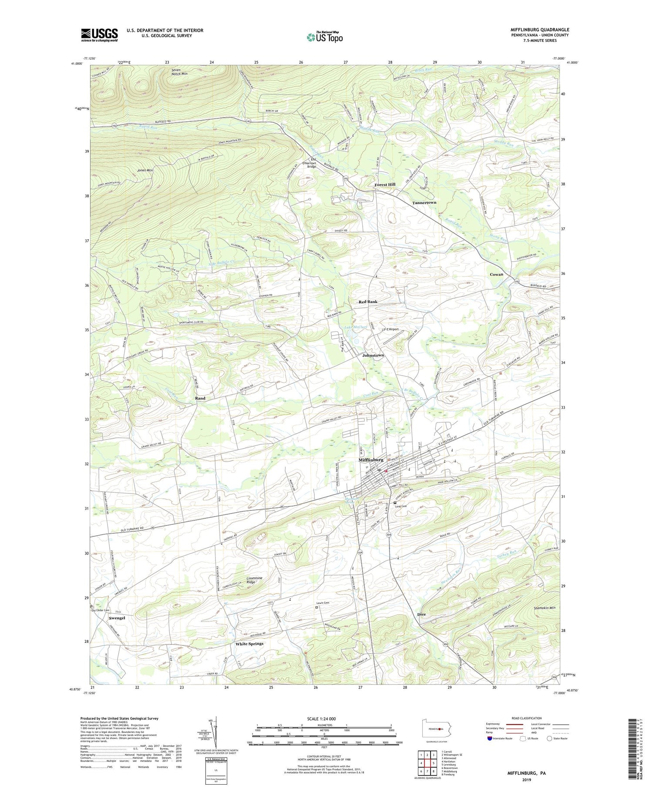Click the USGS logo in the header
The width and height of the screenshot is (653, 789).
click(99, 34)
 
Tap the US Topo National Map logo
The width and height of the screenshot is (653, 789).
click(324, 37)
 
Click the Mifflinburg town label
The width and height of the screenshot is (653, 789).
click(370, 460)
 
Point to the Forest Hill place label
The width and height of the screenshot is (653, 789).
click(385, 185)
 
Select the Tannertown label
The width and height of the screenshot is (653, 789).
click(424, 203)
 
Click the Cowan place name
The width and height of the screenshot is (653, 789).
click(496, 274)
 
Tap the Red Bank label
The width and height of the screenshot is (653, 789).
click(368, 302)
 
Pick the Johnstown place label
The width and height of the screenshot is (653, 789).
click(373, 355)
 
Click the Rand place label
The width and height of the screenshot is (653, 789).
click(200, 398)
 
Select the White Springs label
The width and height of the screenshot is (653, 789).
click(249, 644)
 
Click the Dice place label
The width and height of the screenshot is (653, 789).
click(421, 614)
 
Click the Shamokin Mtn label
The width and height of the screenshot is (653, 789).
click(539, 608)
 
